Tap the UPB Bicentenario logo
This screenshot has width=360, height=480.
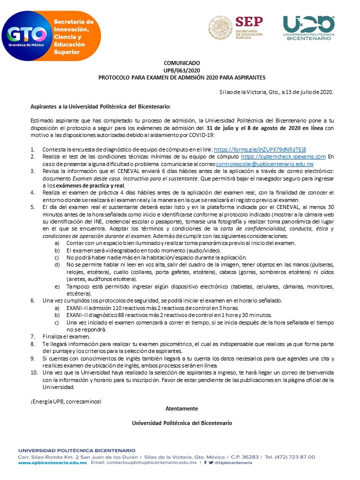(x=308, y=27)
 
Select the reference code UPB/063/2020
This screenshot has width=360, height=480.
(x=181, y=71)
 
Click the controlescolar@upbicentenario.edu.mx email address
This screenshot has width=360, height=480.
(x=264, y=164)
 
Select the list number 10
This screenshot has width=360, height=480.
(x=33, y=373)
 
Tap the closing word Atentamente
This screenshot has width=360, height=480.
(x=181, y=408)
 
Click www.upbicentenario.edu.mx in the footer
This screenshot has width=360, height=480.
(x=52, y=463)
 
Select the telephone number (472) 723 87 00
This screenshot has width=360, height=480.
(x=296, y=456)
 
